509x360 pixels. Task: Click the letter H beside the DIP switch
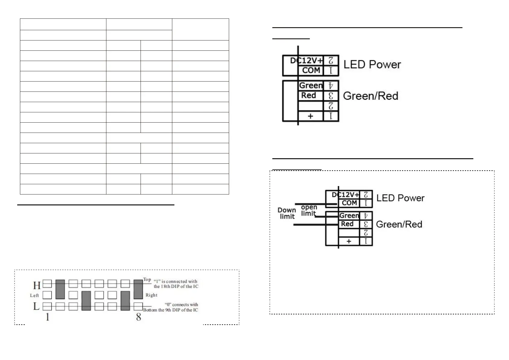click(x=37, y=285)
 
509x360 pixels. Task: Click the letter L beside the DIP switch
click(x=36, y=307)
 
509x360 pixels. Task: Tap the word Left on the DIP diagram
click(x=34, y=295)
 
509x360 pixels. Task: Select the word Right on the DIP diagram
click(x=151, y=295)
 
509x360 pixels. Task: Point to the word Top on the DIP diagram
click(x=147, y=279)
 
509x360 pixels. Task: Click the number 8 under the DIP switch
click(x=138, y=317)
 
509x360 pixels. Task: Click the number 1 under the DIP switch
click(x=47, y=317)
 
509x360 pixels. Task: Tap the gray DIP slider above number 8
click(x=138, y=289)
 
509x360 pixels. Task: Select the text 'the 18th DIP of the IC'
click(x=176, y=286)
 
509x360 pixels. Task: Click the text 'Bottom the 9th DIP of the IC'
click(x=170, y=310)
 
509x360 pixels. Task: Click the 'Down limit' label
click(x=287, y=213)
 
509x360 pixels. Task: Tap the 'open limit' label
click(x=309, y=210)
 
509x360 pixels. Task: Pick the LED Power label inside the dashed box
click(x=400, y=198)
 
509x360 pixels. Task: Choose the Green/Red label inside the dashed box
click(x=399, y=224)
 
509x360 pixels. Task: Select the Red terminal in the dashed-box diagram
click(x=347, y=224)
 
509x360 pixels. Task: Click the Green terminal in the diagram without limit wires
click(x=311, y=86)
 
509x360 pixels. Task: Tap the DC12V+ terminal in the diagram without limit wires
click(x=306, y=61)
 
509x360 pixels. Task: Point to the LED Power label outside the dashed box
click(x=372, y=65)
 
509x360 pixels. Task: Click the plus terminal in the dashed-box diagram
click(x=349, y=241)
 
